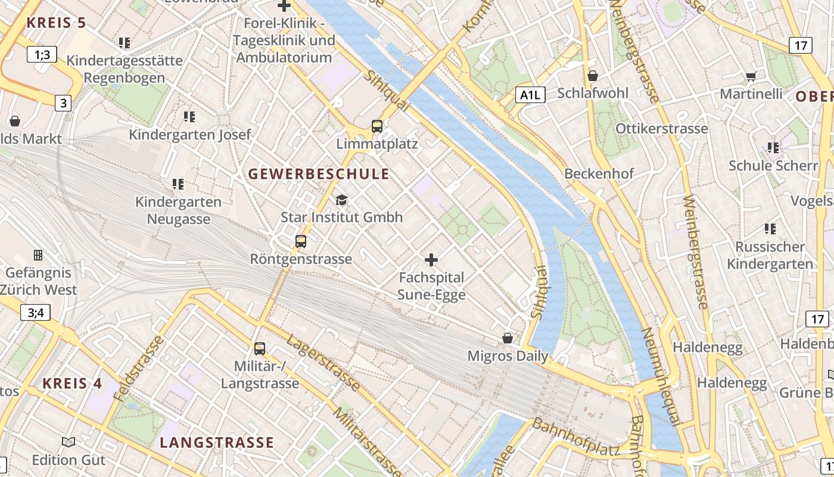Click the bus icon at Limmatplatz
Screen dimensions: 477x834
pyautogui.click(x=377, y=126)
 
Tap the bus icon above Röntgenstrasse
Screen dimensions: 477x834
pyautogui.click(x=301, y=241)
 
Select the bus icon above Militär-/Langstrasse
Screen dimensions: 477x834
pyautogui.click(x=260, y=349)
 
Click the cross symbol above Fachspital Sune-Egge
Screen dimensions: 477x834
pyautogui.click(x=431, y=260)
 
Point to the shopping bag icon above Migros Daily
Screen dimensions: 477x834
pyautogui.click(x=508, y=338)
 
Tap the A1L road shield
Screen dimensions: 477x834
pyautogui.click(x=531, y=95)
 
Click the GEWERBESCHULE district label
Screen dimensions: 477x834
pyautogui.click(x=319, y=174)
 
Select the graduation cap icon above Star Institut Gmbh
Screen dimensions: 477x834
pyautogui.click(x=341, y=200)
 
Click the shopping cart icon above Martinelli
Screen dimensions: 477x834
pyautogui.click(x=751, y=76)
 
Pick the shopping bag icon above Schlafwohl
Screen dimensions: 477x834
pyautogui.click(x=592, y=76)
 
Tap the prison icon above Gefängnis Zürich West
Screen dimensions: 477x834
pyautogui.click(x=38, y=255)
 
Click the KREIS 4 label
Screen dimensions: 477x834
pyautogui.click(x=73, y=383)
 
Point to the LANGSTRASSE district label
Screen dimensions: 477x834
pyautogui.click(x=217, y=442)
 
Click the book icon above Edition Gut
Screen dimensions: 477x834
pyautogui.click(x=69, y=442)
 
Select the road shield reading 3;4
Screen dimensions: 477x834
pyautogui.click(x=35, y=312)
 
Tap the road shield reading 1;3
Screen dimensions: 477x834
pyautogui.click(x=42, y=55)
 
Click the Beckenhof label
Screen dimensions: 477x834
pyautogui.click(x=599, y=174)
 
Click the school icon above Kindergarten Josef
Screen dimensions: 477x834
pyautogui.click(x=189, y=116)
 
